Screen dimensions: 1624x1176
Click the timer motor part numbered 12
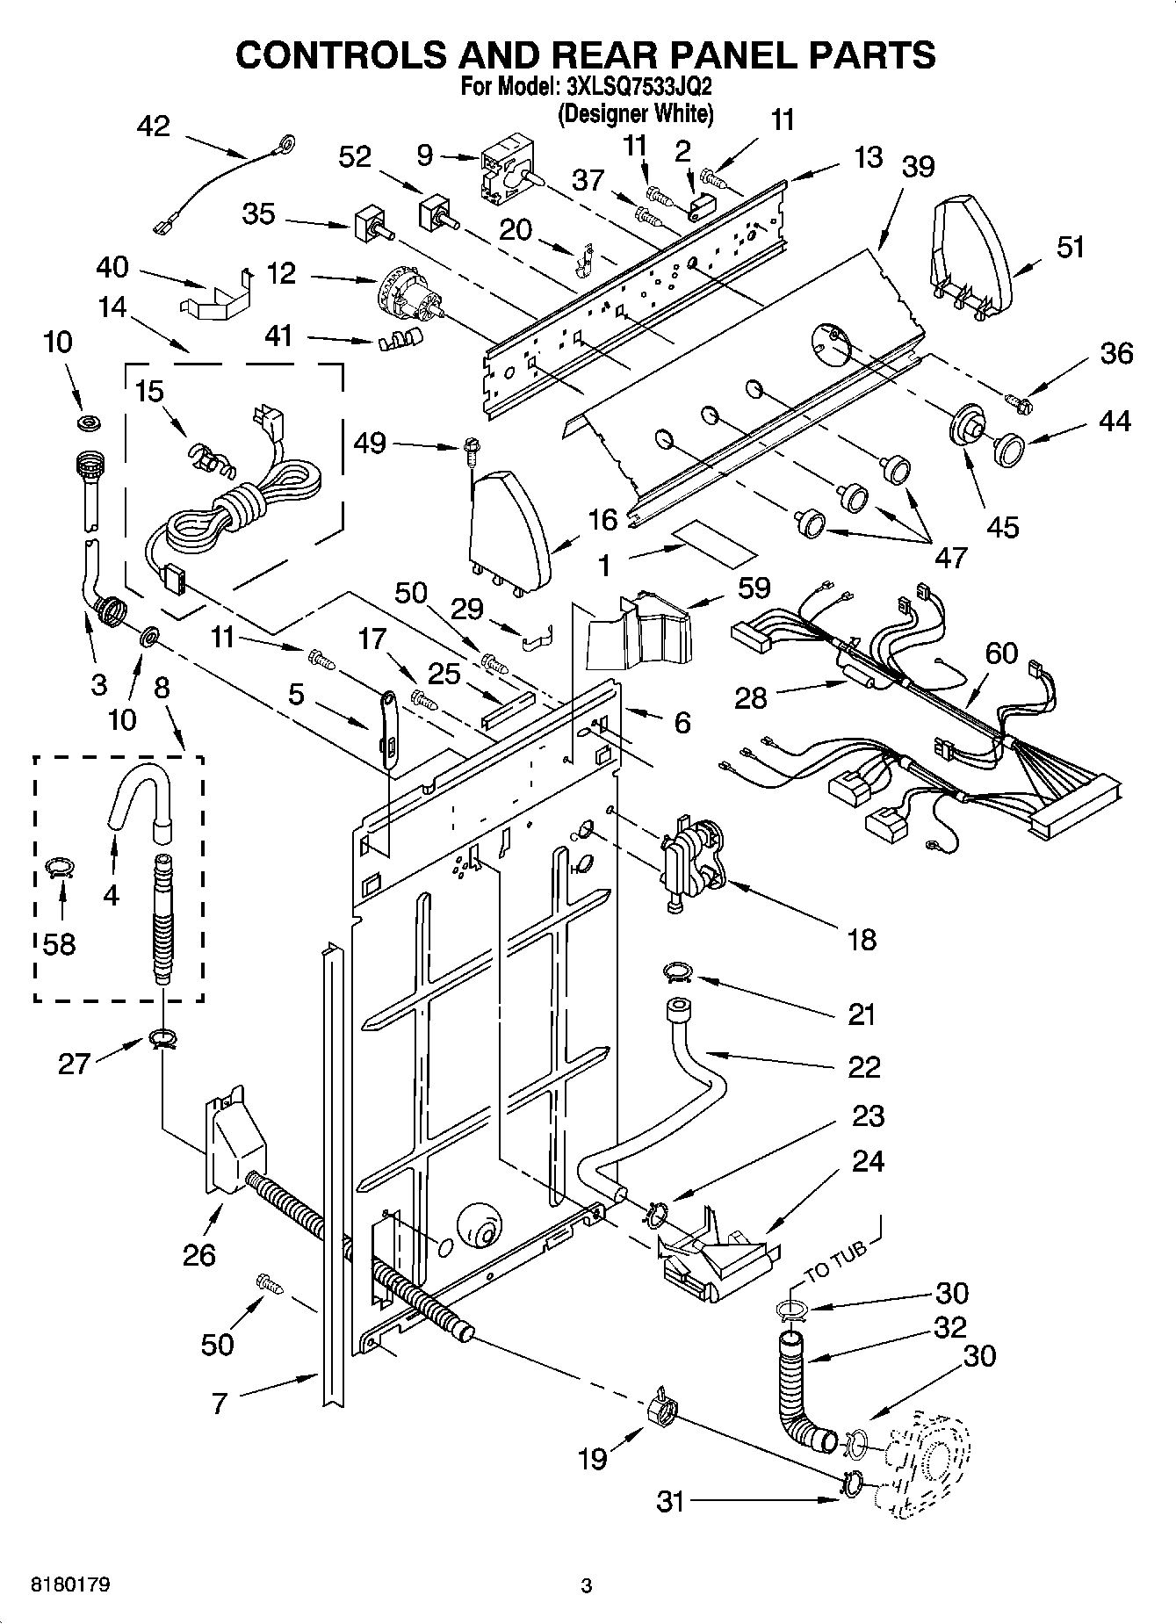pyautogui.click(x=409, y=300)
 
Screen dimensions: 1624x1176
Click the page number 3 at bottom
pyautogui.click(x=587, y=1586)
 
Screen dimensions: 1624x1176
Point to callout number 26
pyautogui.click(x=198, y=1254)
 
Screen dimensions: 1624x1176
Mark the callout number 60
pyautogui.click(x=1000, y=653)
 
